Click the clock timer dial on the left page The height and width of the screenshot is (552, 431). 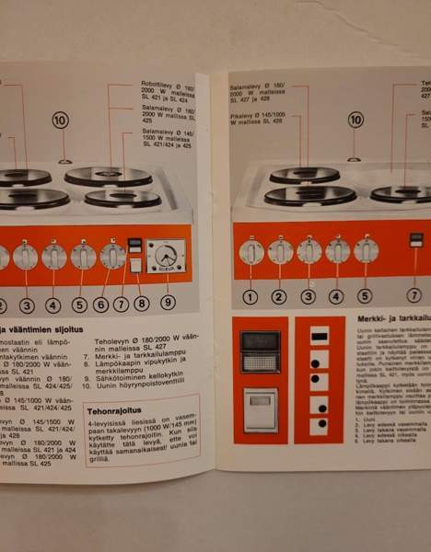(x=165, y=255)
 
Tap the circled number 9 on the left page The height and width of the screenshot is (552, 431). (x=167, y=301)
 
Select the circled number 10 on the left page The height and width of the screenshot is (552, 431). (x=60, y=120)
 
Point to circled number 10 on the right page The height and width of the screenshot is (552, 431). (x=355, y=119)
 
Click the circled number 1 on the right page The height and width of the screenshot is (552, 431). (x=250, y=296)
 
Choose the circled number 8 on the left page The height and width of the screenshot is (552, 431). (x=141, y=302)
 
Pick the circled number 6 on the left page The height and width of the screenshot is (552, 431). (x=100, y=305)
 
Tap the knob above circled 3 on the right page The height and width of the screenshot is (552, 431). (x=309, y=250)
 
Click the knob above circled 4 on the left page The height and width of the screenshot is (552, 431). (x=53, y=256)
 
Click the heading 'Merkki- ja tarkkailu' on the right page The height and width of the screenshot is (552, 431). (x=388, y=319)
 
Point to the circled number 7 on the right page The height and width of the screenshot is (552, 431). (x=414, y=295)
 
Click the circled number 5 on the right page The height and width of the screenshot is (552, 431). (x=365, y=296)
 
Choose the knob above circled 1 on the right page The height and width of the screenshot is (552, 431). (x=251, y=250)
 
